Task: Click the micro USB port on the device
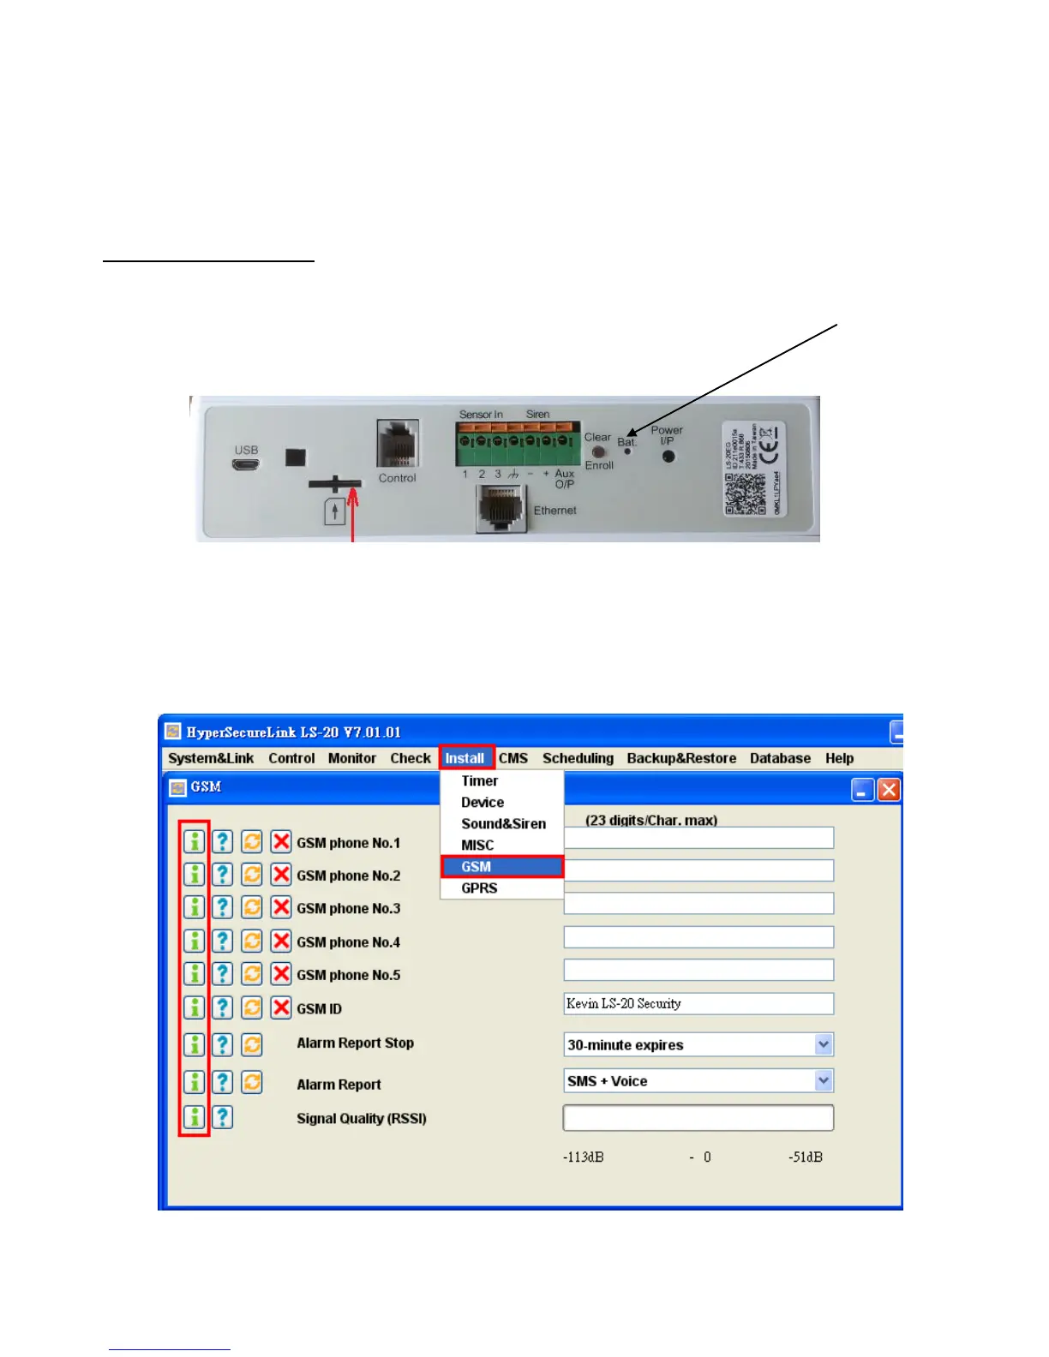pyautogui.click(x=246, y=466)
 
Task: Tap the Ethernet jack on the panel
pyautogui.click(x=501, y=509)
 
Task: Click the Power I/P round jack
pyautogui.click(x=668, y=457)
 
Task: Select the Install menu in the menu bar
pyautogui.click(x=465, y=758)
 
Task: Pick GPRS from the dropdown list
pyautogui.click(x=479, y=888)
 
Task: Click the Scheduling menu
pyautogui.click(x=578, y=758)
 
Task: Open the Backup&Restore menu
pyautogui.click(x=681, y=758)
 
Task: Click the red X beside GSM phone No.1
pyautogui.click(x=281, y=842)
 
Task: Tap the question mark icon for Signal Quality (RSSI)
pyautogui.click(x=222, y=1117)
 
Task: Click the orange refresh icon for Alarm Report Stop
pyautogui.click(x=252, y=1044)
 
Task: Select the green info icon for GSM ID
pyautogui.click(x=195, y=1007)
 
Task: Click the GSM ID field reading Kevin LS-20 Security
pyautogui.click(x=698, y=1004)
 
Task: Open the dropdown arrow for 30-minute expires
pyautogui.click(x=824, y=1044)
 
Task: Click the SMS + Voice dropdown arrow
pyautogui.click(x=824, y=1081)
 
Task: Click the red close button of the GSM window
pyautogui.click(x=889, y=789)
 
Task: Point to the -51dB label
pyautogui.click(x=805, y=1157)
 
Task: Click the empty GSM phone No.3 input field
pyautogui.click(x=698, y=904)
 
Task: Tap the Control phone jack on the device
pyautogui.click(x=398, y=444)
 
